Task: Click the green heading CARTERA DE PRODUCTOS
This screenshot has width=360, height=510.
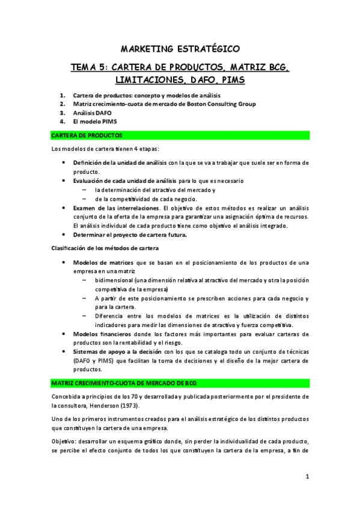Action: [x=88, y=135]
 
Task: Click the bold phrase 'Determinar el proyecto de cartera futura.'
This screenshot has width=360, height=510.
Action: [x=130, y=235]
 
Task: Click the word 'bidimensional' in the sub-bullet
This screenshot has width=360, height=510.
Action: [x=114, y=280]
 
